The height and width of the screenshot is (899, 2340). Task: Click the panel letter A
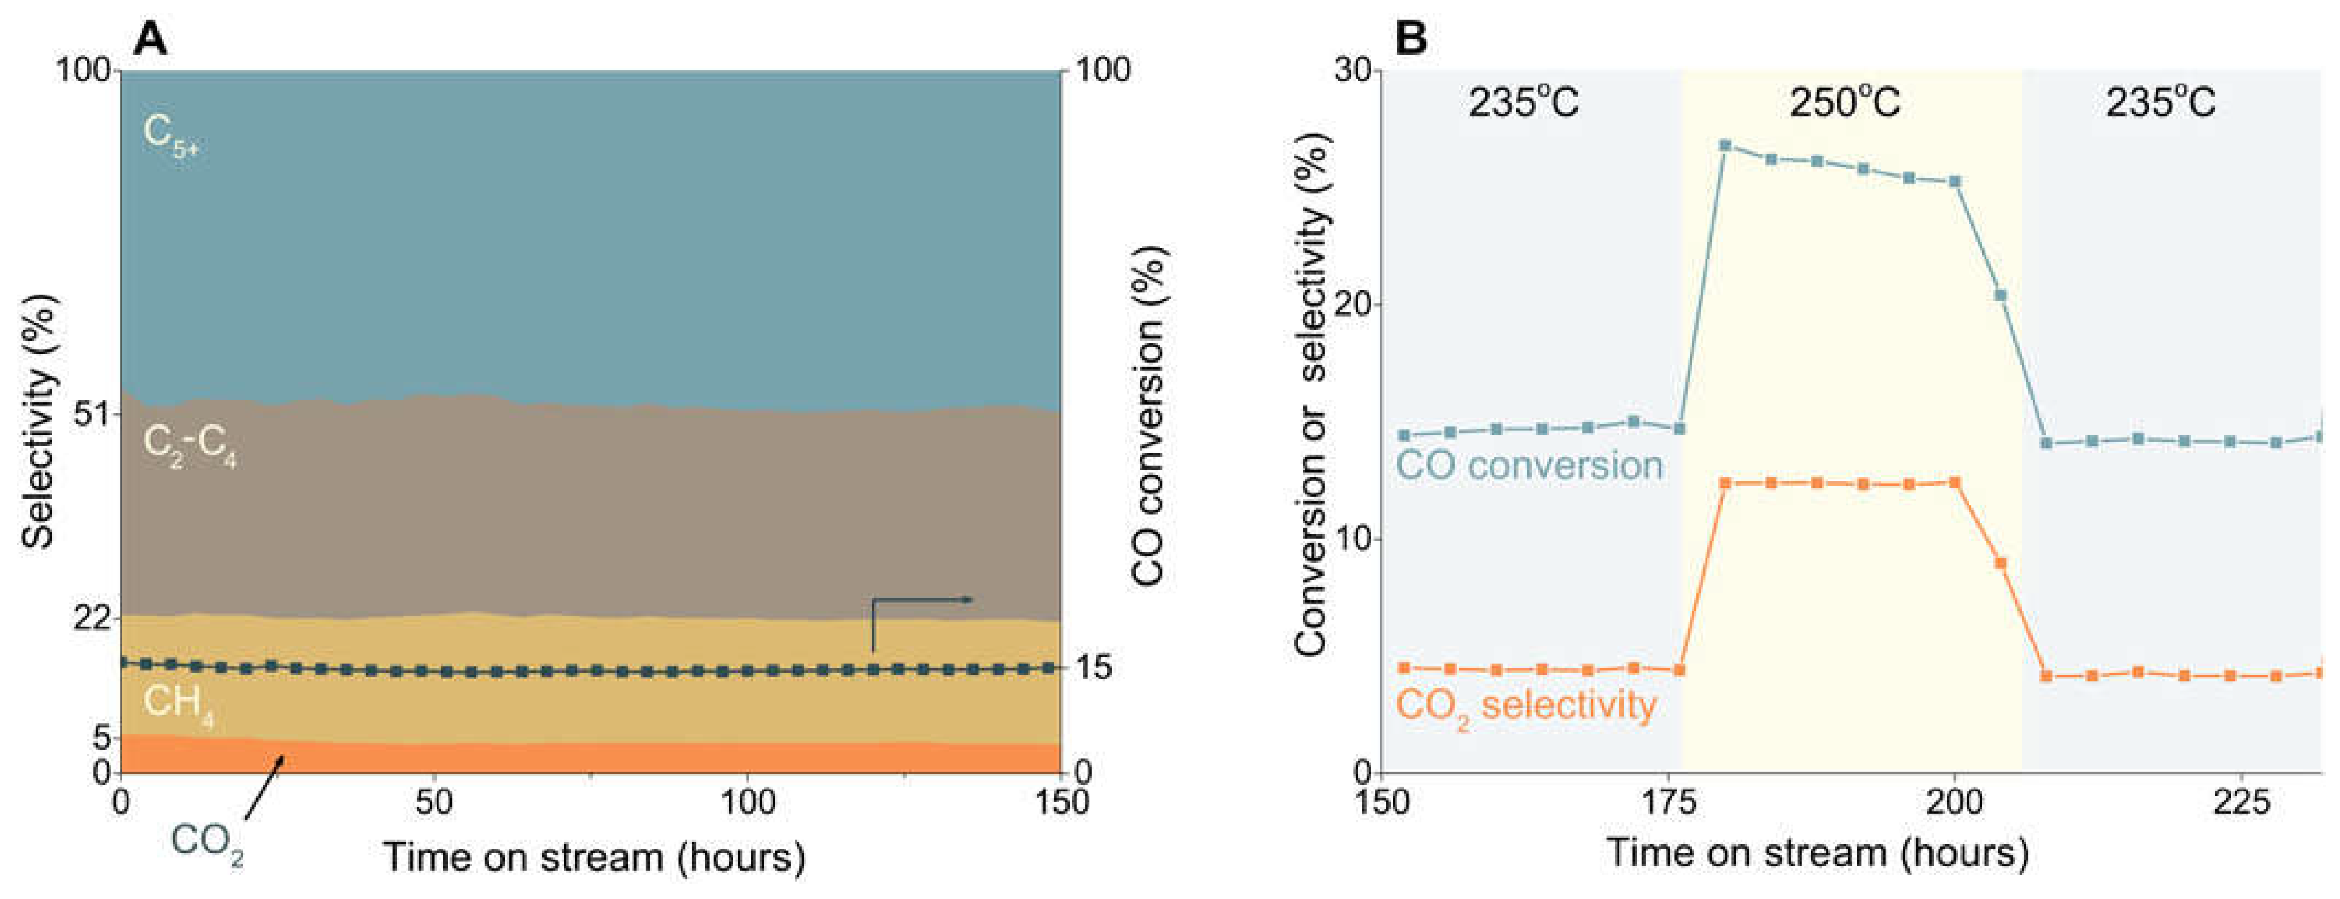[x=150, y=39]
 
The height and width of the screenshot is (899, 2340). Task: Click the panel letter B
[x=1411, y=39]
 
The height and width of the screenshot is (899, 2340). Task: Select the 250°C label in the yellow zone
[x=1844, y=103]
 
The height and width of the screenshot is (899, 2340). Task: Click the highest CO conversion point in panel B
[x=1725, y=145]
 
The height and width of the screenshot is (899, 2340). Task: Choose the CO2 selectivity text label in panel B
[x=1526, y=707]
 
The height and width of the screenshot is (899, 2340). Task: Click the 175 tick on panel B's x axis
[x=1668, y=802]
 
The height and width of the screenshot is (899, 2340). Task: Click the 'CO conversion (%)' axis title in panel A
[x=1148, y=415]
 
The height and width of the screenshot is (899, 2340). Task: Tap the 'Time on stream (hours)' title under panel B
[x=1817, y=853]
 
